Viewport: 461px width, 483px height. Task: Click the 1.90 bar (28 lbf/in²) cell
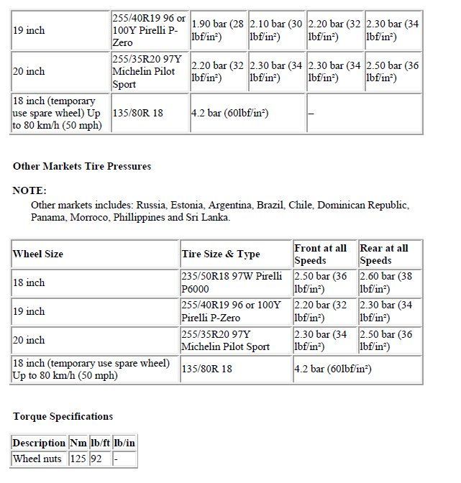pyautogui.click(x=218, y=30)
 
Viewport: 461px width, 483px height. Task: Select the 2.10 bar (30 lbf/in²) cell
pyautogui.click(x=276, y=30)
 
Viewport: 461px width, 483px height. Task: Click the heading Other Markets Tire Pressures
pyautogui.click(x=82, y=166)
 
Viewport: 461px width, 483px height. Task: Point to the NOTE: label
pyautogui.click(x=29, y=190)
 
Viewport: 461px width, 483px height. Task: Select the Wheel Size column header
pyautogui.click(x=38, y=254)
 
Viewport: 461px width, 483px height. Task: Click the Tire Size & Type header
pyautogui.click(x=221, y=254)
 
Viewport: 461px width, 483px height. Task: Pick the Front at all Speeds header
pyautogui.click(x=320, y=254)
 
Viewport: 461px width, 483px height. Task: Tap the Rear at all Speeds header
pyautogui.click(x=384, y=254)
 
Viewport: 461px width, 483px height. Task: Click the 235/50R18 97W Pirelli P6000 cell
pyautogui.click(x=231, y=282)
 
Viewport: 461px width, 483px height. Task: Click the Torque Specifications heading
pyautogui.click(x=63, y=416)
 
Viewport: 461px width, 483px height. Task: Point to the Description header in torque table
pyautogui.click(x=39, y=443)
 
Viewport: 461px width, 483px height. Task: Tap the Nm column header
pyautogui.click(x=78, y=443)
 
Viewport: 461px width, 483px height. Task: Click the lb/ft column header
pyautogui.click(x=100, y=443)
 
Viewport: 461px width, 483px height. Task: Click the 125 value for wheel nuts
pyautogui.click(x=78, y=458)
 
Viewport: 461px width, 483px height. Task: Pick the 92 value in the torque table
pyautogui.click(x=96, y=458)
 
